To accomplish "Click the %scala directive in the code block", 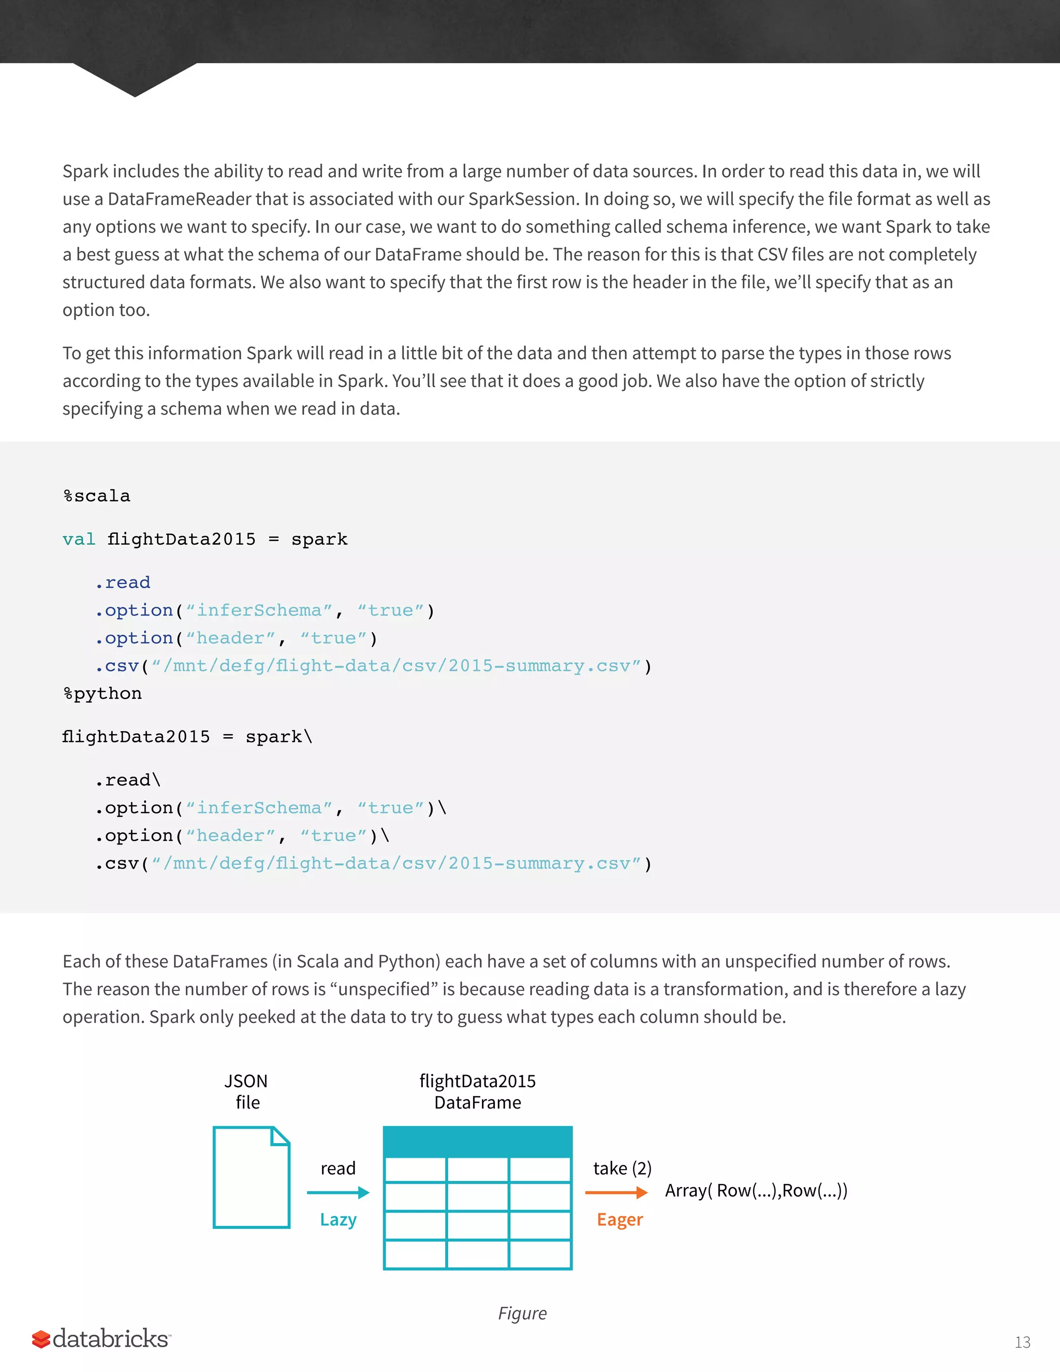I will (97, 497).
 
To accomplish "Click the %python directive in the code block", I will (102, 694).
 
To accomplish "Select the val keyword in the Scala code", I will (79, 539).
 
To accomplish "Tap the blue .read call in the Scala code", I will (123, 583).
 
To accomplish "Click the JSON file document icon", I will (251, 1177).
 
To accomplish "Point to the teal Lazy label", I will (338, 1219).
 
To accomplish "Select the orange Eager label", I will (620, 1219).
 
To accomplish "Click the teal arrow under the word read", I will (338, 1192).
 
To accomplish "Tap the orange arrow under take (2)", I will (616, 1192).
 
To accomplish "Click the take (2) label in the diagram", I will (622, 1168).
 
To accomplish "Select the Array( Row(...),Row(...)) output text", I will (756, 1190).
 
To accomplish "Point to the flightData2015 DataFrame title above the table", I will (477, 1092).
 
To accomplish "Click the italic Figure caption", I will (522, 1313).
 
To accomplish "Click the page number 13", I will (1022, 1342).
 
